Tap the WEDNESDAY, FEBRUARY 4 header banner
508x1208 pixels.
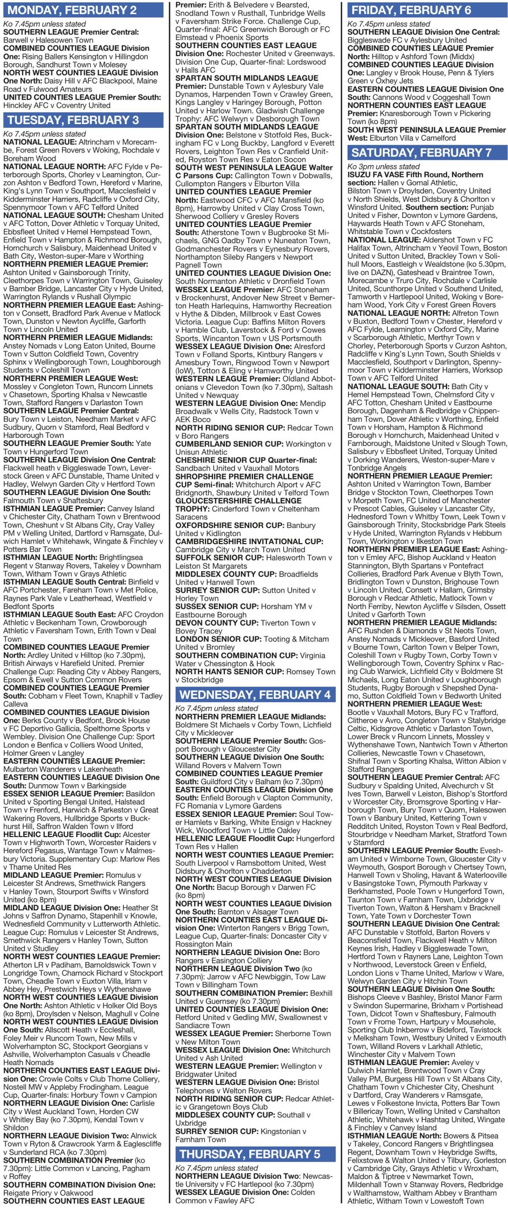click(x=255, y=694)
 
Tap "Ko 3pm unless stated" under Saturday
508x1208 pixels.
click(x=383, y=166)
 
